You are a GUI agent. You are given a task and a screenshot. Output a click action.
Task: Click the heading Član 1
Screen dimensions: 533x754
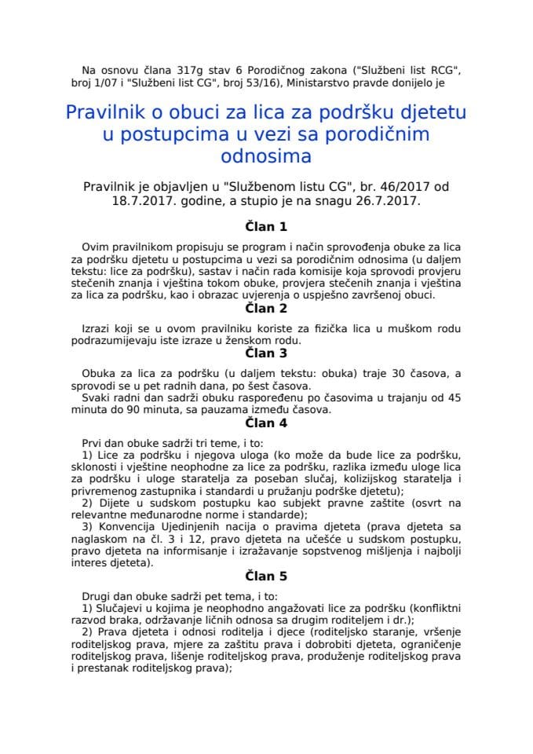coord(266,227)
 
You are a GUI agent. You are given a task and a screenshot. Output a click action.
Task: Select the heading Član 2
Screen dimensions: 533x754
coord(266,309)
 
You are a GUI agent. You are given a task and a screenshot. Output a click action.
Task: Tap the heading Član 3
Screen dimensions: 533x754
coord(266,353)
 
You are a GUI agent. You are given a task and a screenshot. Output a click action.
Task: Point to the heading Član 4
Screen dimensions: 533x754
coord(266,422)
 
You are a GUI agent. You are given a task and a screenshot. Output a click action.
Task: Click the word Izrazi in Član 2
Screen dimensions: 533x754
coord(98,327)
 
